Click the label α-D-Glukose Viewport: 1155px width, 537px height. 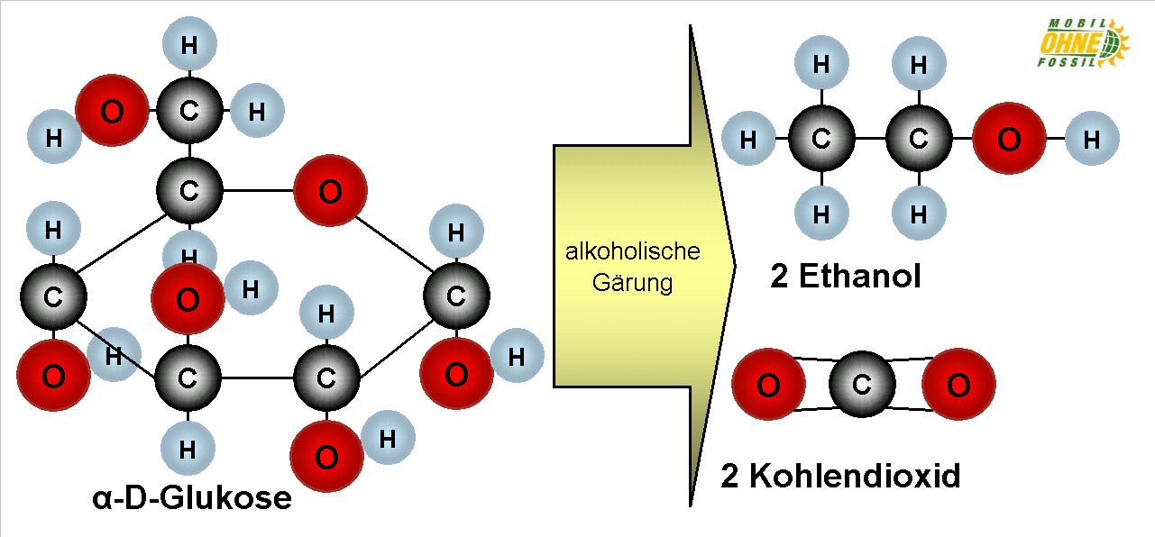[x=192, y=497]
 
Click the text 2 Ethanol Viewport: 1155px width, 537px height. [x=845, y=276]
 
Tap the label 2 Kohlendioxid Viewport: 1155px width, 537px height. [x=839, y=475]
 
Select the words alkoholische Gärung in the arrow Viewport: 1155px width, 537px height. [x=632, y=267]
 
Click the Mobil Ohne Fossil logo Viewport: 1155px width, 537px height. [x=1082, y=42]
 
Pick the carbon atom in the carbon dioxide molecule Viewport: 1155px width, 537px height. [x=861, y=386]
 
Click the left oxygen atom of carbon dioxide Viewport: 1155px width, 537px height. [x=767, y=385]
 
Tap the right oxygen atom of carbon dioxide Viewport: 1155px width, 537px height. [x=958, y=385]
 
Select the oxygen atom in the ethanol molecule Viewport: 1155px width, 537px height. [x=1009, y=140]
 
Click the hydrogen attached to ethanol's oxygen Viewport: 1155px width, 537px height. [x=1091, y=140]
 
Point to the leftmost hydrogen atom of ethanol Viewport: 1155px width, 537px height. [x=748, y=140]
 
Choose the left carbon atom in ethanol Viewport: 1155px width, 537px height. [x=820, y=140]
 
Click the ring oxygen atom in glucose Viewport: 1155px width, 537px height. [x=330, y=191]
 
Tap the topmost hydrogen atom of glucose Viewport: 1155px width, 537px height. [x=189, y=45]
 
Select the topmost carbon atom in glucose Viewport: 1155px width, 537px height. [x=189, y=112]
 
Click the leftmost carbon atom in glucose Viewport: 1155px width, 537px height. [x=52, y=296]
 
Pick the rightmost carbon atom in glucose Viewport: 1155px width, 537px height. [x=456, y=296]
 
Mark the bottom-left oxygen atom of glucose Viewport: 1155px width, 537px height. [x=53, y=376]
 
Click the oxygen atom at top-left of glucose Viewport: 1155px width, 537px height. [x=112, y=112]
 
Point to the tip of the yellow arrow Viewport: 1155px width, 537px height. [x=735, y=267]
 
